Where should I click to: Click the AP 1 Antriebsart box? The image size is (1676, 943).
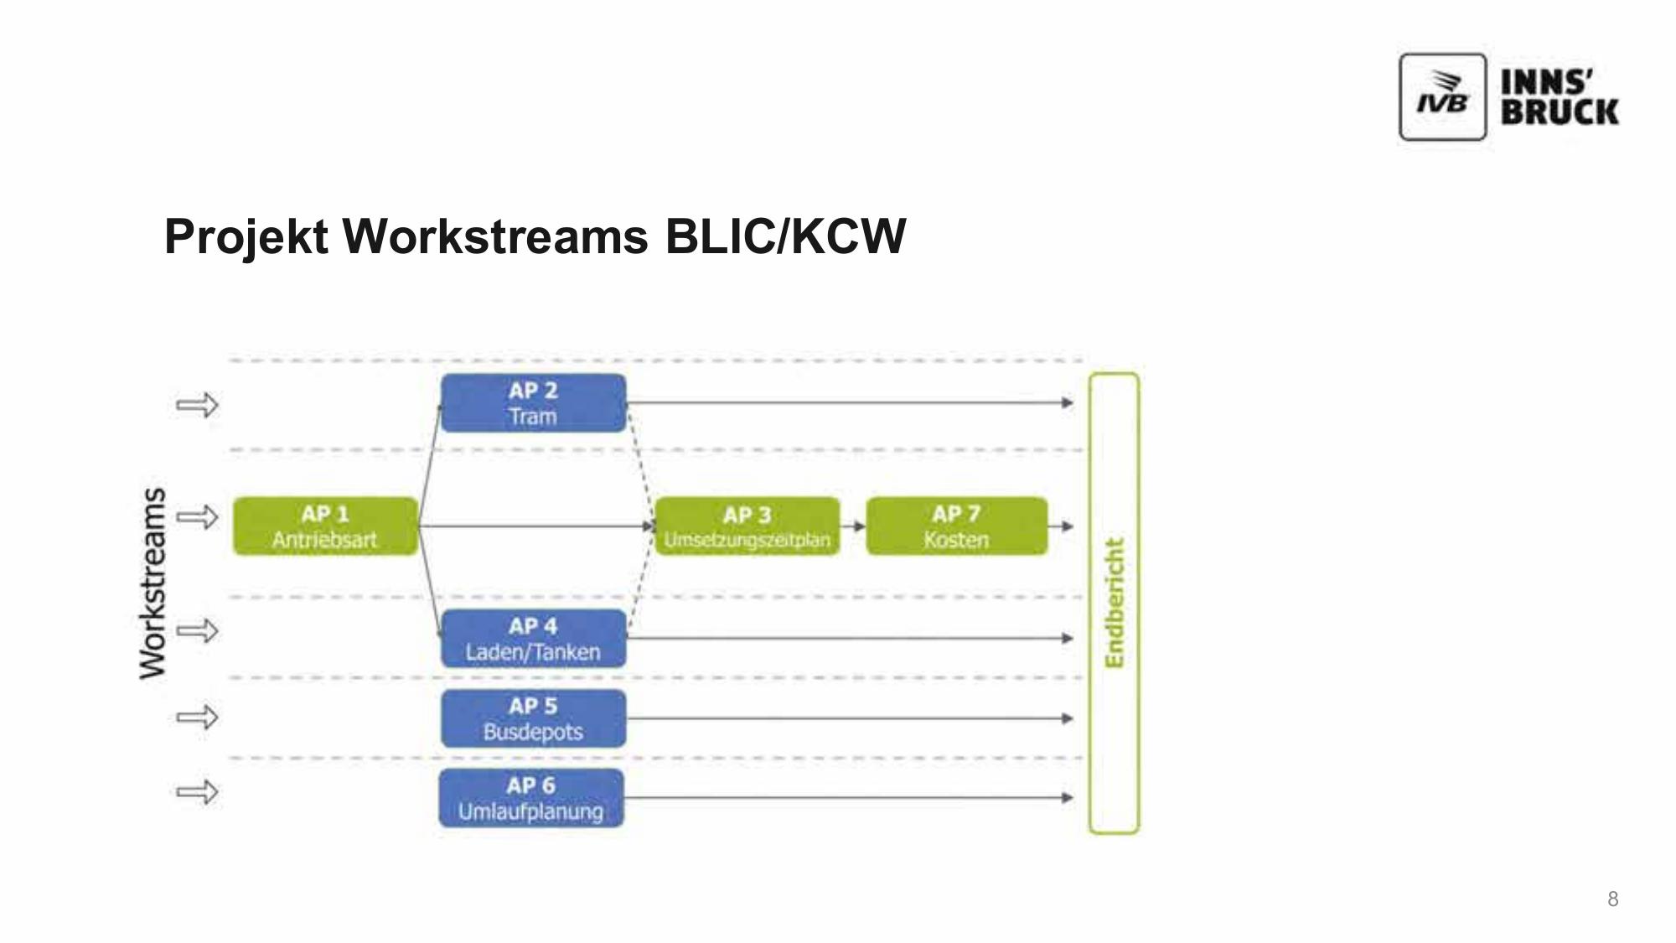point(325,526)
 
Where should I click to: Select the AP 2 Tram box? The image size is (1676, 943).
point(533,403)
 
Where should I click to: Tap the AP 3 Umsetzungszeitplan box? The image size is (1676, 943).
point(747,526)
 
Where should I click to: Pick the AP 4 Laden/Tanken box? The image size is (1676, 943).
point(533,639)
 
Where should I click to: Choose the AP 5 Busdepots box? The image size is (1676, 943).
point(533,718)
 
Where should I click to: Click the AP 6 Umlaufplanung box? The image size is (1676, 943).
point(531,798)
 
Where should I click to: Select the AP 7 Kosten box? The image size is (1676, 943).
point(956,526)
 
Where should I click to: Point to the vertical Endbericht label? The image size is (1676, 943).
point(1114,604)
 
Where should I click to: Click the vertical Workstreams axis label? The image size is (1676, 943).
point(153,583)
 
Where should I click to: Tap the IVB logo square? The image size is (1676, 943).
point(1442,97)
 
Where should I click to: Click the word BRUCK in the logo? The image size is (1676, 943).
point(1560,112)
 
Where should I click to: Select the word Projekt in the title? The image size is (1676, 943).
point(246,236)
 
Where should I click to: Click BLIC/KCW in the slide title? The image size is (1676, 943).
point(785,236)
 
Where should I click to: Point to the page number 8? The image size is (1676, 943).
point(1612,899)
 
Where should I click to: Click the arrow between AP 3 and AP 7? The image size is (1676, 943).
point(854,526)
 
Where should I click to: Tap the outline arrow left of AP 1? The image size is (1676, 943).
point(197,516)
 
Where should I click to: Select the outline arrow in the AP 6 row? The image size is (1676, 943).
point(197,791)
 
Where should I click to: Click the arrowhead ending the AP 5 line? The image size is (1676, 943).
point(1068,718)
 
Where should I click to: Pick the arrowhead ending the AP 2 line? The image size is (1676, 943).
point(1068,403)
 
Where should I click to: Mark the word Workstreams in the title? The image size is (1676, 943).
point(495,236)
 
